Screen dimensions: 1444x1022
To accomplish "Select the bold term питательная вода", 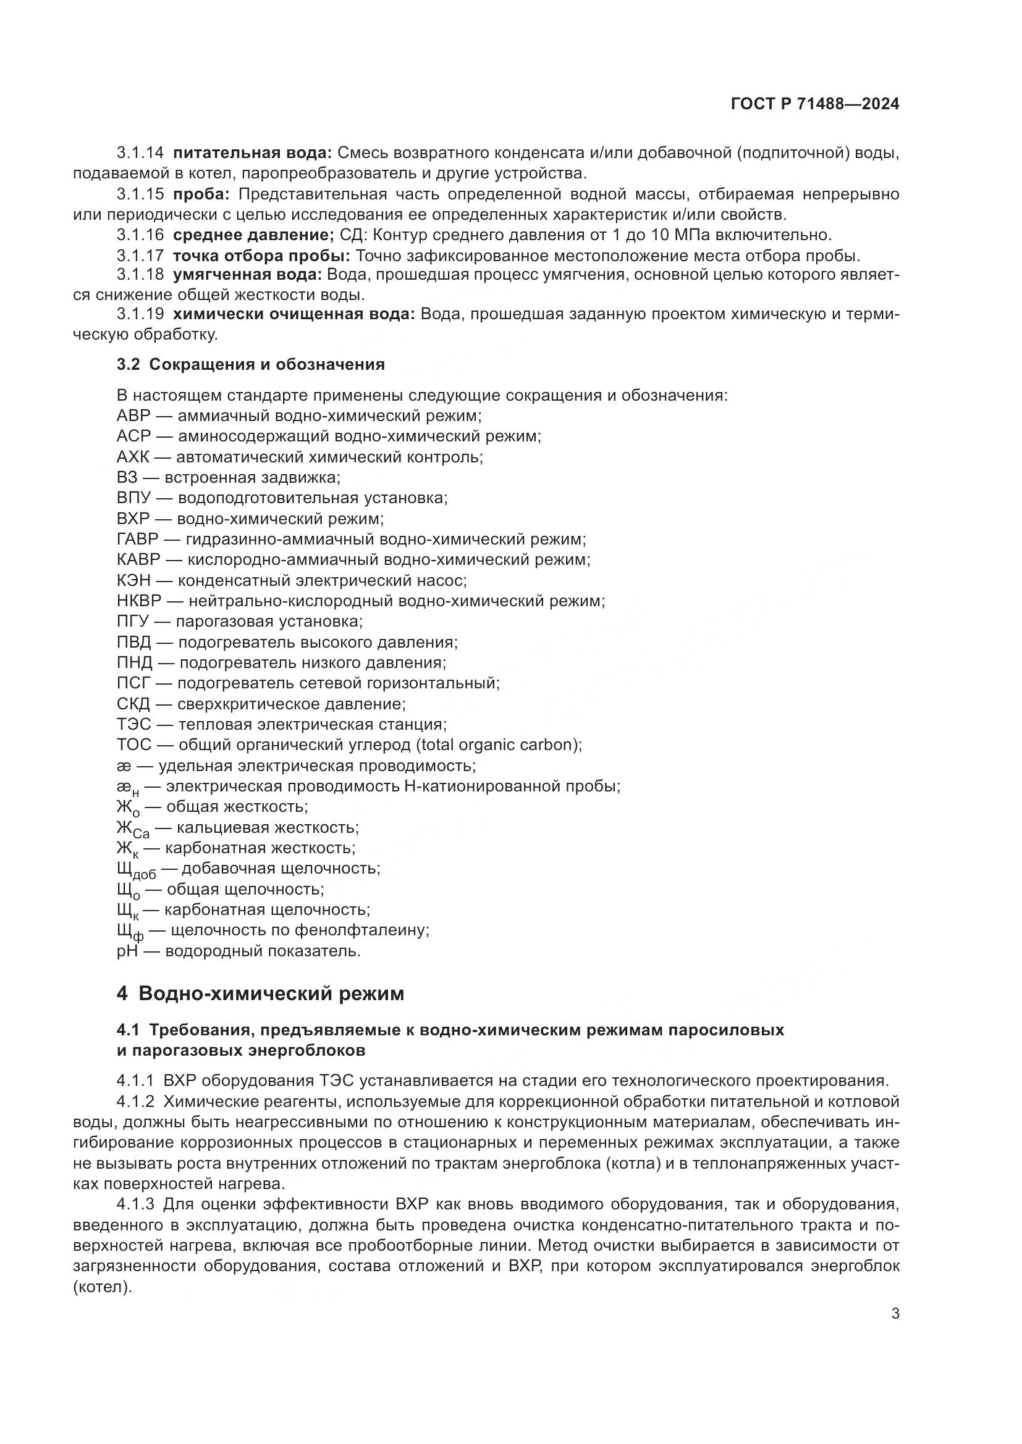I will pos(252,153).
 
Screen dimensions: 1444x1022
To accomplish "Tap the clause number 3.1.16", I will pos(140,235).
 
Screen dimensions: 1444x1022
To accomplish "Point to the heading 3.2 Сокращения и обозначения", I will pos(250,364).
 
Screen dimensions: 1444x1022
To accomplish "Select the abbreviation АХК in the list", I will pos(133,457).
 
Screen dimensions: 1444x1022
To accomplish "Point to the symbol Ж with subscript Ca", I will pos(133,830).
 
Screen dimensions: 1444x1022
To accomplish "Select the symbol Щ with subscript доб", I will pos(136,871).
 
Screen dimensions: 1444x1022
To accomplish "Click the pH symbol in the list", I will pos(127,951).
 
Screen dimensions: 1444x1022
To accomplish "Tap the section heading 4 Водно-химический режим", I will pos(260,994).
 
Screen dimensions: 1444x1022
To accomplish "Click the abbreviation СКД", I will pos(133,704).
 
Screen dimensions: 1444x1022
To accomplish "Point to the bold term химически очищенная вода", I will pos(294,314).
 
